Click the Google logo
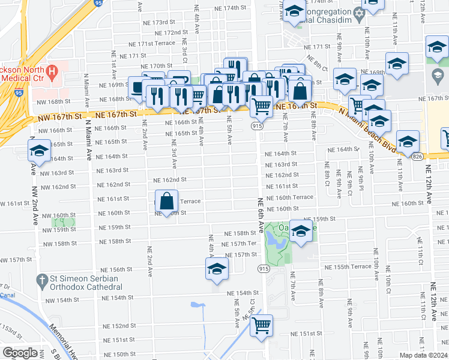click(20, 353)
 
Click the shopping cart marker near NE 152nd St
click(261, 325)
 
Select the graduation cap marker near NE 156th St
click(217, 269)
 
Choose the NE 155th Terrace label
click(348, 266)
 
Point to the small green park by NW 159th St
click(67, 223)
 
